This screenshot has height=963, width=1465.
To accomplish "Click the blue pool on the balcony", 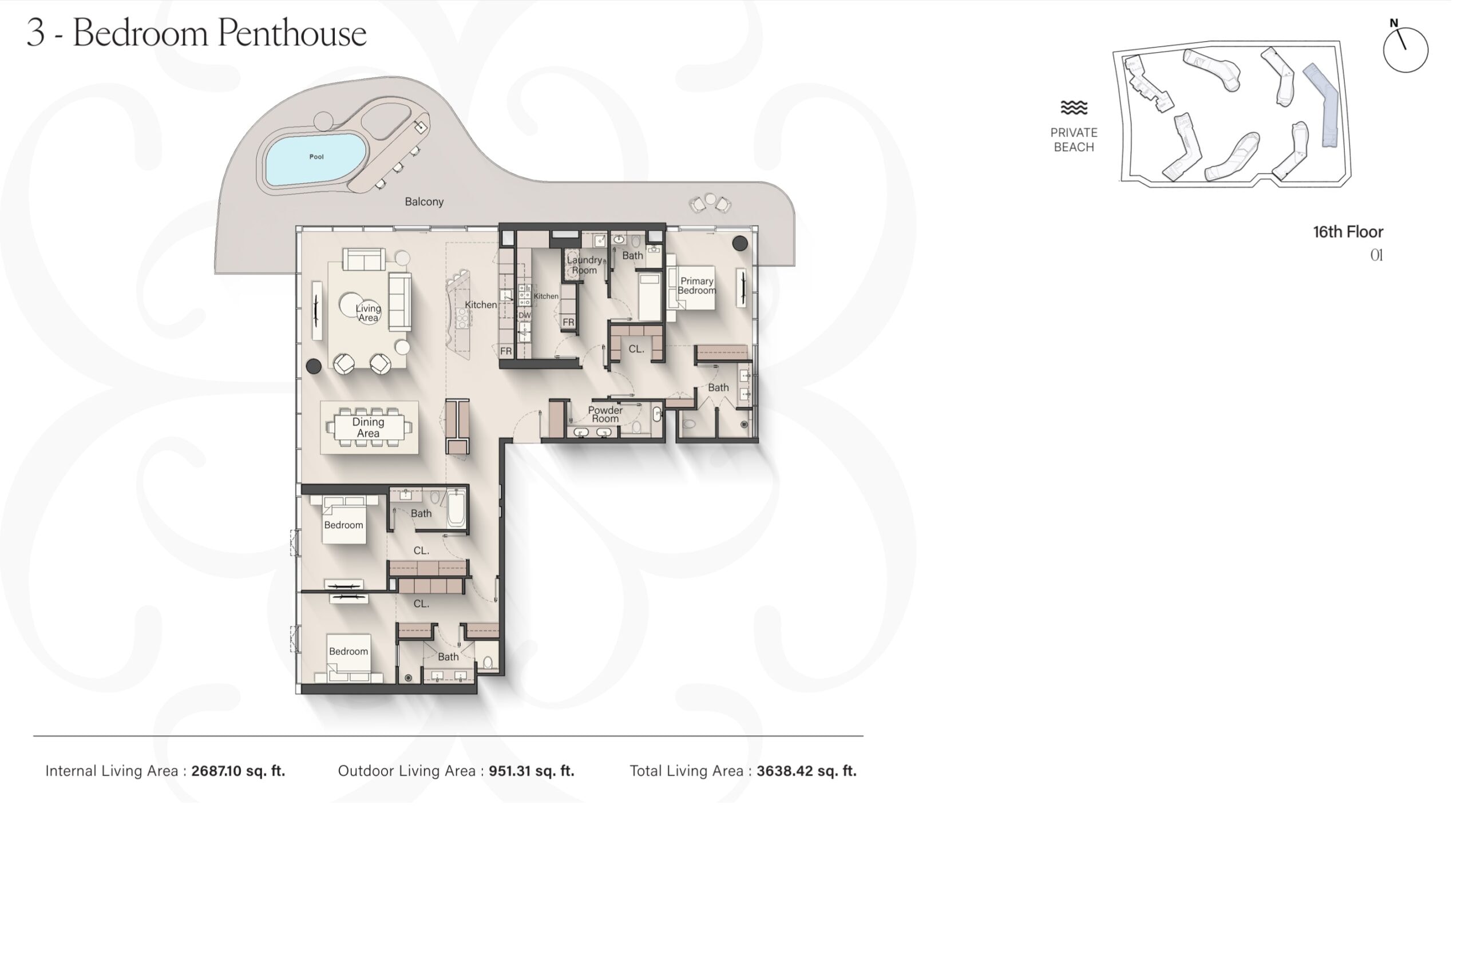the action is pos(316,158).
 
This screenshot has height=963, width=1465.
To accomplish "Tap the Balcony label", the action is pos(424,202).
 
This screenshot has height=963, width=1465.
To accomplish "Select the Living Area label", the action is pos(368,312).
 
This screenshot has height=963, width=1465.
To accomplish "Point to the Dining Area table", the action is pos(368,427).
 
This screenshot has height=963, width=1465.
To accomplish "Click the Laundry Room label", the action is pos(584,265).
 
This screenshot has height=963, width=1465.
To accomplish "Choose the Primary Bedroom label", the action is pos(697,286).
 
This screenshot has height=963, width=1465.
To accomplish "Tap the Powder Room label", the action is pos(605,414).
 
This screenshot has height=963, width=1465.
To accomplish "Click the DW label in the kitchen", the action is pos(524,315).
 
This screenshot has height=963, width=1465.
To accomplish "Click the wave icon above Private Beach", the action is pos(1074,108).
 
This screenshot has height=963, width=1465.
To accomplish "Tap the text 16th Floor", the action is pos(1348,232).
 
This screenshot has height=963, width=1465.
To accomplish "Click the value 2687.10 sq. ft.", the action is pos(238,771).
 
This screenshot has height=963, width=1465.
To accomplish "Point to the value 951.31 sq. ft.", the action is pos(531,771).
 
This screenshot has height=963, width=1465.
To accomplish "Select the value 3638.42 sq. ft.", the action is pos(806,771).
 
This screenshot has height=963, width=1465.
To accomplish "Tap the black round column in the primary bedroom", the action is pos(740,243).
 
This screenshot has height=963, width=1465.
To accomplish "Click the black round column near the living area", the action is pos(314,366).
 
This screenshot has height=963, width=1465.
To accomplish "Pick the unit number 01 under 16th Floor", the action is pos(1377,255).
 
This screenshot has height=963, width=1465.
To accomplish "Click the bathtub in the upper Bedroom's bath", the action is pos(456,508).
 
